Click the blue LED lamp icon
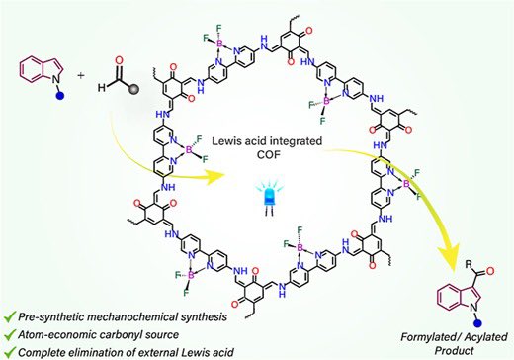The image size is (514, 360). point(270,198)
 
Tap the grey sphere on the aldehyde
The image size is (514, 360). point(134,88)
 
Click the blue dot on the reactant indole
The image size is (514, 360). point(60,96)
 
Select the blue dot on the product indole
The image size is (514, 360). point(476,323)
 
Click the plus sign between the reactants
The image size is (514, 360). point(81,75)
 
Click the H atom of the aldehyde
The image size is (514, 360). point(102,88)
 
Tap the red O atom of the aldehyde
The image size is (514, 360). point(120,60)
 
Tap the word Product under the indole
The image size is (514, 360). point(455,350)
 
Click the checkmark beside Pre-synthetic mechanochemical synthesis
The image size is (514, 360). point(10,317)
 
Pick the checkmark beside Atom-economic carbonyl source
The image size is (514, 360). point(10,335)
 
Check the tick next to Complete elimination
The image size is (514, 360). point(10,352)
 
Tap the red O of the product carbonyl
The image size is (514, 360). point(490,271)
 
